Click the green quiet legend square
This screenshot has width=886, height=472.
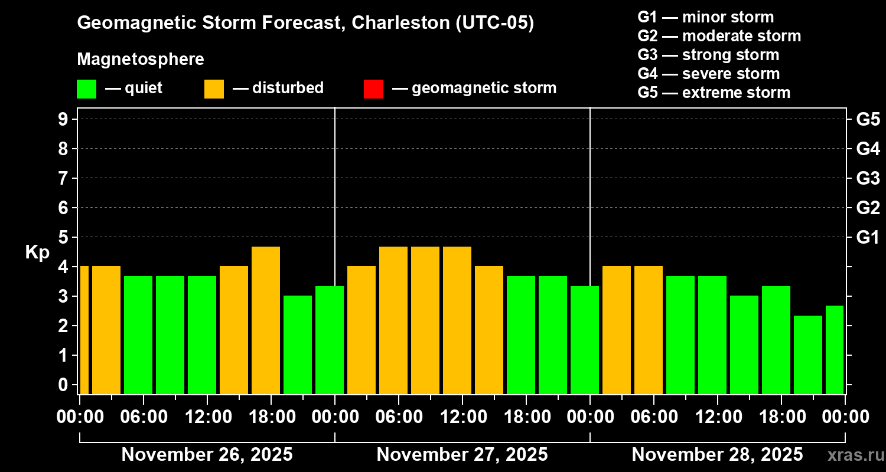(x=86, y=89)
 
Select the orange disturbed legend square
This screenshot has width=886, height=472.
(x=214, y=89)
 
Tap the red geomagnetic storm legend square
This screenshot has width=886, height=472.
(x=373, y=89)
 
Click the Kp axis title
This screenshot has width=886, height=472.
(x=37, y=252)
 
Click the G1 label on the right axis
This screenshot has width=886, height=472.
(x=868, y=238)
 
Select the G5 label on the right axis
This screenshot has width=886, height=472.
(x=868, y=120)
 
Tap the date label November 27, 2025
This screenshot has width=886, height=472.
(x=462, y=454)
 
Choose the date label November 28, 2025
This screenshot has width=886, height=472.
(x=717, y=454)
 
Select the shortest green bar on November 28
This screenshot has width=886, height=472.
(x=808, y=354)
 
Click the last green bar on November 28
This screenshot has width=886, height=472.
(x=834, y=349)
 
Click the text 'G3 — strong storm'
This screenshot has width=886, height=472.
(x=708, y=55)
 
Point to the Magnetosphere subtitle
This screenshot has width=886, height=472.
(x=141, y=60)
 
